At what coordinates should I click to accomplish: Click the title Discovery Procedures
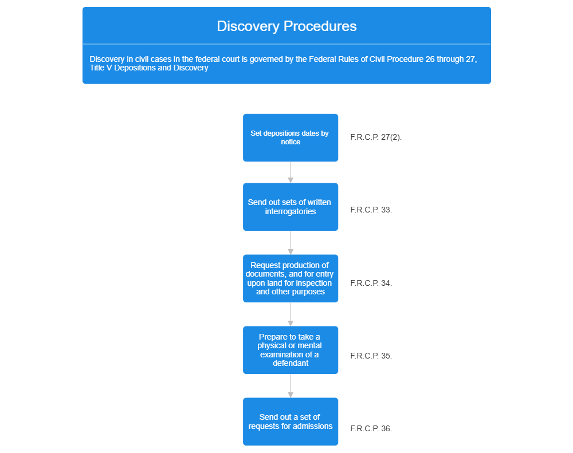point(286,26)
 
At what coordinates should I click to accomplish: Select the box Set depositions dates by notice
point(291,137)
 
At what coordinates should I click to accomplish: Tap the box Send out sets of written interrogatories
point(291,207)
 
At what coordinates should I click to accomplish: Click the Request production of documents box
point(291,278)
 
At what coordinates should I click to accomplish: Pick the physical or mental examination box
point(291,350)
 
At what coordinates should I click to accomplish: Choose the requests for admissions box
point(291,422)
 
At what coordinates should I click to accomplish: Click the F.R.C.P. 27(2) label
point(376,137)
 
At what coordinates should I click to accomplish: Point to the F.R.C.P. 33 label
point(371,210)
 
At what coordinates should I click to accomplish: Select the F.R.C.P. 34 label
point(371,283)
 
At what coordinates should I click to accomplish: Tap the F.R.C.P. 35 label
point(371,356)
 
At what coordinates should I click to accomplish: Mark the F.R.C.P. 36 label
point(371,428)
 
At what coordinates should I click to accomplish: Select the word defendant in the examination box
point(291,363)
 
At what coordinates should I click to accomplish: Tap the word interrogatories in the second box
point(291,211)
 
